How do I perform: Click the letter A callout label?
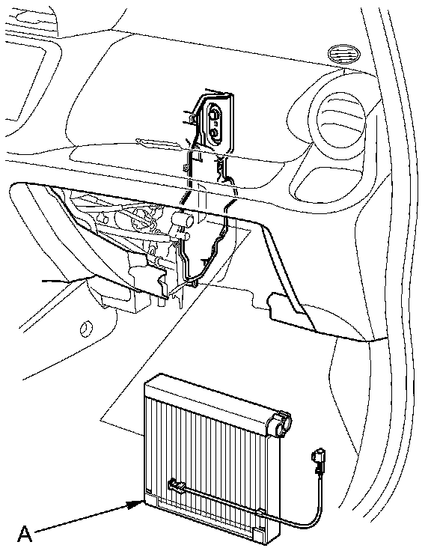25,534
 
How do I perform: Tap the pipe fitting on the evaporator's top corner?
280,424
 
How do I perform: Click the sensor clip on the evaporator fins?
178,487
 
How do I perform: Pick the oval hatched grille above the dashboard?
343,54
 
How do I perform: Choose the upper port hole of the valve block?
213,115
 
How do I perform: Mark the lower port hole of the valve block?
214,133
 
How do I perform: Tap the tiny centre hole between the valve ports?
215,124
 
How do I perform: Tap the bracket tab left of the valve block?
192,119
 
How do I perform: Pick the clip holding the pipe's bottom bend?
193,281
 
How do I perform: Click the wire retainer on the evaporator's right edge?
261,511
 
